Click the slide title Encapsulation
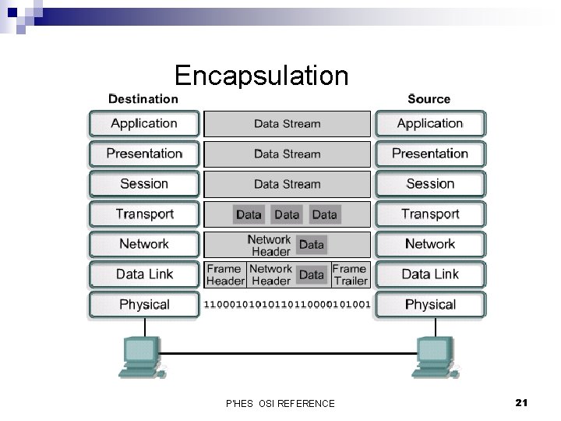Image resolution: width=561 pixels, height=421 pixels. [x=261, y=76]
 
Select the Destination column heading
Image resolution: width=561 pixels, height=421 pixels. [x=143, y=99]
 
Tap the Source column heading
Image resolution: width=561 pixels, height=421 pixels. [x=429, y=99]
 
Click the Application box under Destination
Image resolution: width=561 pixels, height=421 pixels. [x=144, y=123]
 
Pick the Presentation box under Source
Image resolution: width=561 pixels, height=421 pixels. [x=430, y=154]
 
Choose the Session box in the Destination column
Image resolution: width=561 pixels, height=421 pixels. [x=144, y=184]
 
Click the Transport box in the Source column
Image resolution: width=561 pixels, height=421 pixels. [x=430, y=214]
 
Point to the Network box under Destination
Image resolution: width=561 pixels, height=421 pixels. [x=144, y=244]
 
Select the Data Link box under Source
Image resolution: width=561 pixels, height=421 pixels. [x=430, y=274]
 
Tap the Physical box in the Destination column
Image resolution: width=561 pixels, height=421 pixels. [x=144, y=304]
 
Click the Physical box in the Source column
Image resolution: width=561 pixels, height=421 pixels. [x=430, y=304]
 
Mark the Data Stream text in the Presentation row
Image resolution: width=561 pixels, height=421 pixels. [x=287, y=154]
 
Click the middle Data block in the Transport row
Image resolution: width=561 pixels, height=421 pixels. [x=287, y=214]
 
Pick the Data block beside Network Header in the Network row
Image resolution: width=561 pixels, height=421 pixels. [x=312, y=245]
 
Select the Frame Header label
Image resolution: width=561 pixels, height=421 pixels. [x=225, y=274]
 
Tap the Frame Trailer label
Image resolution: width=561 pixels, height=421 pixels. [x=350, y=274]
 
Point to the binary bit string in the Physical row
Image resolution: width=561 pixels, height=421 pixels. [x=287, y=304]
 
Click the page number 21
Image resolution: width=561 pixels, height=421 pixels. [x=522, y=402]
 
